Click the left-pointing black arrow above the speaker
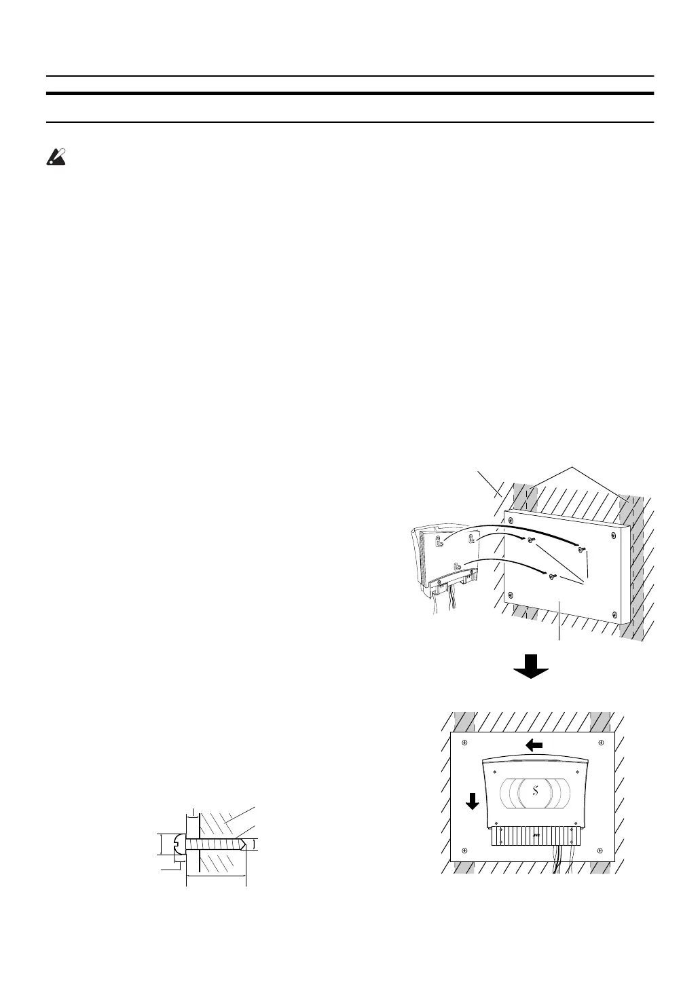pyautogui.click(x=534, y=745)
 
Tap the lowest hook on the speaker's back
pyautogui.click(x=457, y=563)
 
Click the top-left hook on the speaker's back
pyautogui.click(x=440, y=542)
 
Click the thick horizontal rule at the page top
pyautogui.click(x=350, y=93)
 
